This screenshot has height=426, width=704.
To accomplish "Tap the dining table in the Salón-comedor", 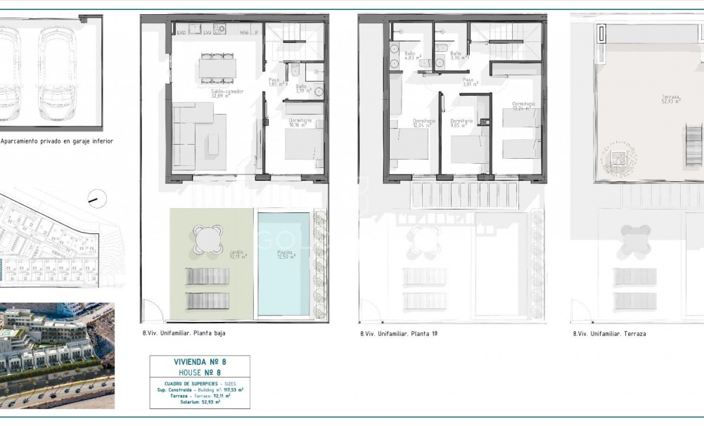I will pos(217,67).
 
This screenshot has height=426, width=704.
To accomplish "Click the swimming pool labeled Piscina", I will pos(283,264).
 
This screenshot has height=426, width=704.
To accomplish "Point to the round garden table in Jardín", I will pos(209,238).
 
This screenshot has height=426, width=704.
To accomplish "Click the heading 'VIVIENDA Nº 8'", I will pos(200,361).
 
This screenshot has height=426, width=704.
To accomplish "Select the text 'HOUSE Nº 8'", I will pos(200,371).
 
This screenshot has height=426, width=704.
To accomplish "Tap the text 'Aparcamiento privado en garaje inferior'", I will pos(57,141).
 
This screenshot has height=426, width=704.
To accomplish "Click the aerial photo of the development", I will pos(56,356).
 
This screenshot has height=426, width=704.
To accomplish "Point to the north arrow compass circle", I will pos(96,199).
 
